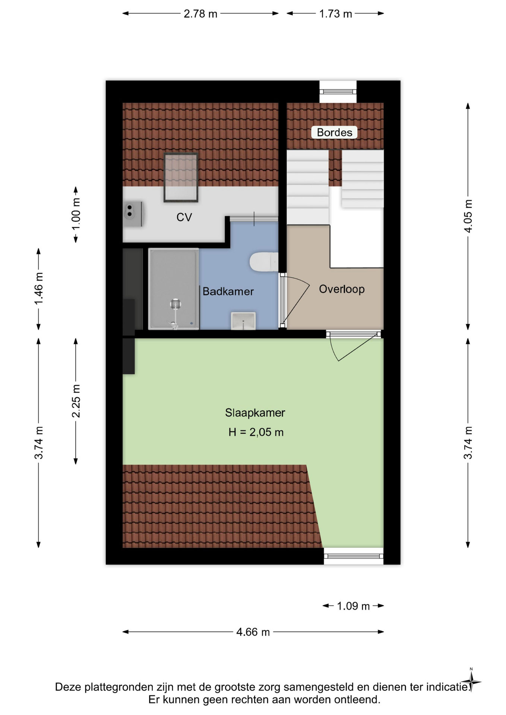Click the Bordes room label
click(334, 133)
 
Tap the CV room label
click(184, 217)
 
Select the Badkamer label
click(228, 291)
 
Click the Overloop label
click(342, 289)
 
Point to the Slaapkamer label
click(255, 413)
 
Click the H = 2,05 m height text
click(256, 432)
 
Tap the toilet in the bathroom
click(264, 262)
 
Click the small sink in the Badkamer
click(243, 321)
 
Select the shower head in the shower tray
click(175, 304)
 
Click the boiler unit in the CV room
click(133, 214)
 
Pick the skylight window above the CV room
click(181, 177)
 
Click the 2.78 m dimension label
click(200, 14)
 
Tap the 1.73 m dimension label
click(335, 14)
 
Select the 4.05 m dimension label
click(468, 216)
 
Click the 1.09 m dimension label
click(353, 606)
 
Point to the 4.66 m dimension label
click(253, 632)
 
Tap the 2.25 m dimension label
click(76, 401)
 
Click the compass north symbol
click(471, 682)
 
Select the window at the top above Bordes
click(338, 92)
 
